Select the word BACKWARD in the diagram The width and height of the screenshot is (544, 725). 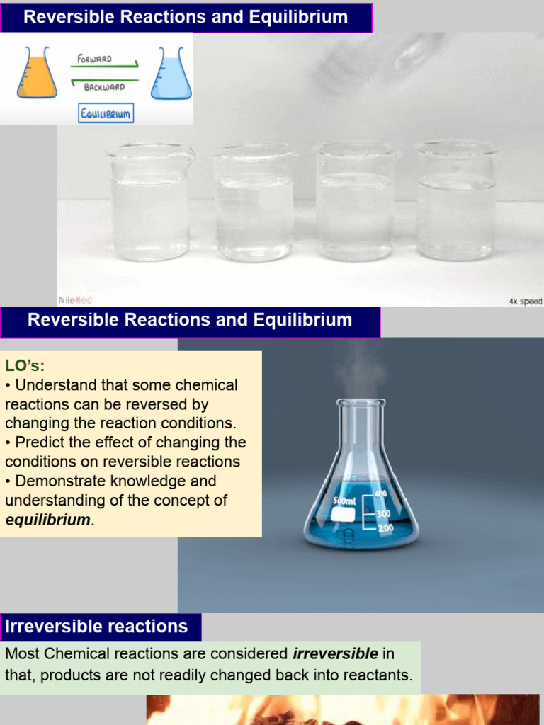pos(104,87)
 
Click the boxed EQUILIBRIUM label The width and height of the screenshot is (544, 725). pos(106,113)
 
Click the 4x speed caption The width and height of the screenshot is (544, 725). pos(525,301)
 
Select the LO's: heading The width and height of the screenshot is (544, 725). pos(25,366)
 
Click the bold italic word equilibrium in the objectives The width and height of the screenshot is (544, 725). pos(47,519)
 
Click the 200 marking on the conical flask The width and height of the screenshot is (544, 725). pos(384,528)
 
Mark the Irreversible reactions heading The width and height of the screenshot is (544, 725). pos(97,627)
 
